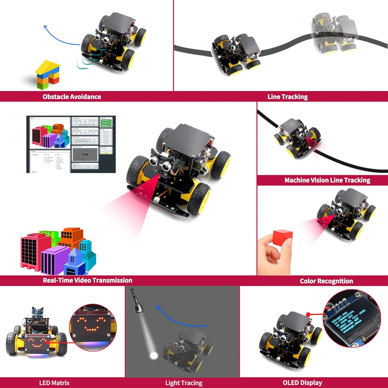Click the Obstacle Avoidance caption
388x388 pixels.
71,97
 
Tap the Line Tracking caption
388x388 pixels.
287,97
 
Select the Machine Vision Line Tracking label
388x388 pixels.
327,180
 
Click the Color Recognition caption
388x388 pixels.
326,281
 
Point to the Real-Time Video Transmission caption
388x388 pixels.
87,280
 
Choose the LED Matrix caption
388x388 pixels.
54,383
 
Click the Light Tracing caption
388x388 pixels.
184,383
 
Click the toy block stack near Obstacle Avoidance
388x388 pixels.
47,75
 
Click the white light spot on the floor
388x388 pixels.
154,356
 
